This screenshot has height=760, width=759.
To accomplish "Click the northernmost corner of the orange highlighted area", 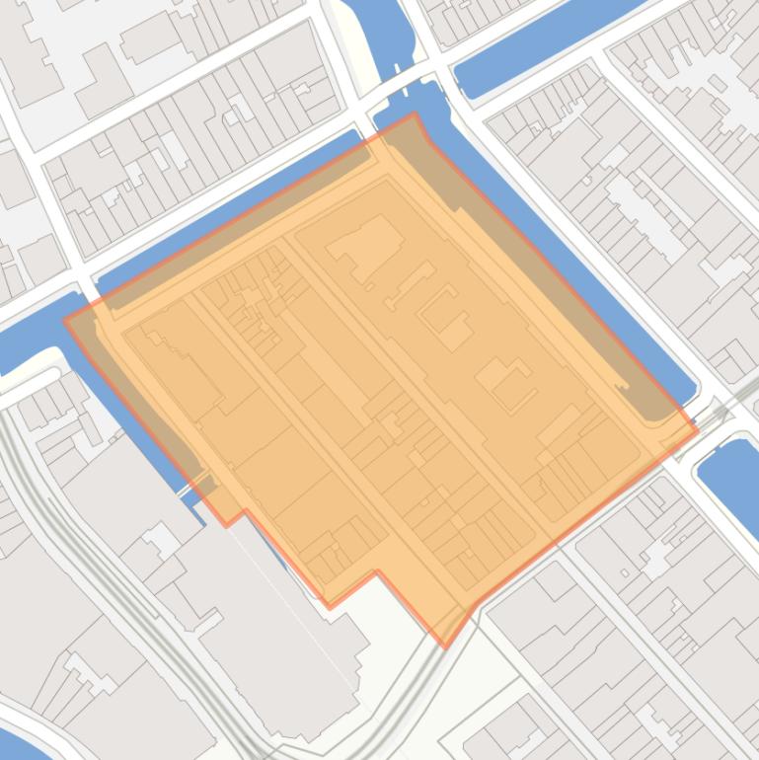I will [415, 114].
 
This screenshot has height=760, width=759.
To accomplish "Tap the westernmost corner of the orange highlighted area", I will [65, 320].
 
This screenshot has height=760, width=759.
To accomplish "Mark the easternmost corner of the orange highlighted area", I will [698, 429].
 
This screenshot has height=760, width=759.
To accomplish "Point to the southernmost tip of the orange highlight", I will [445, 647].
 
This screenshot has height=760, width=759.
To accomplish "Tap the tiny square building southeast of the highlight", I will [625, 572].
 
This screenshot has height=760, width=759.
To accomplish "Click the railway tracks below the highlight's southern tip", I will [415, 691].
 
